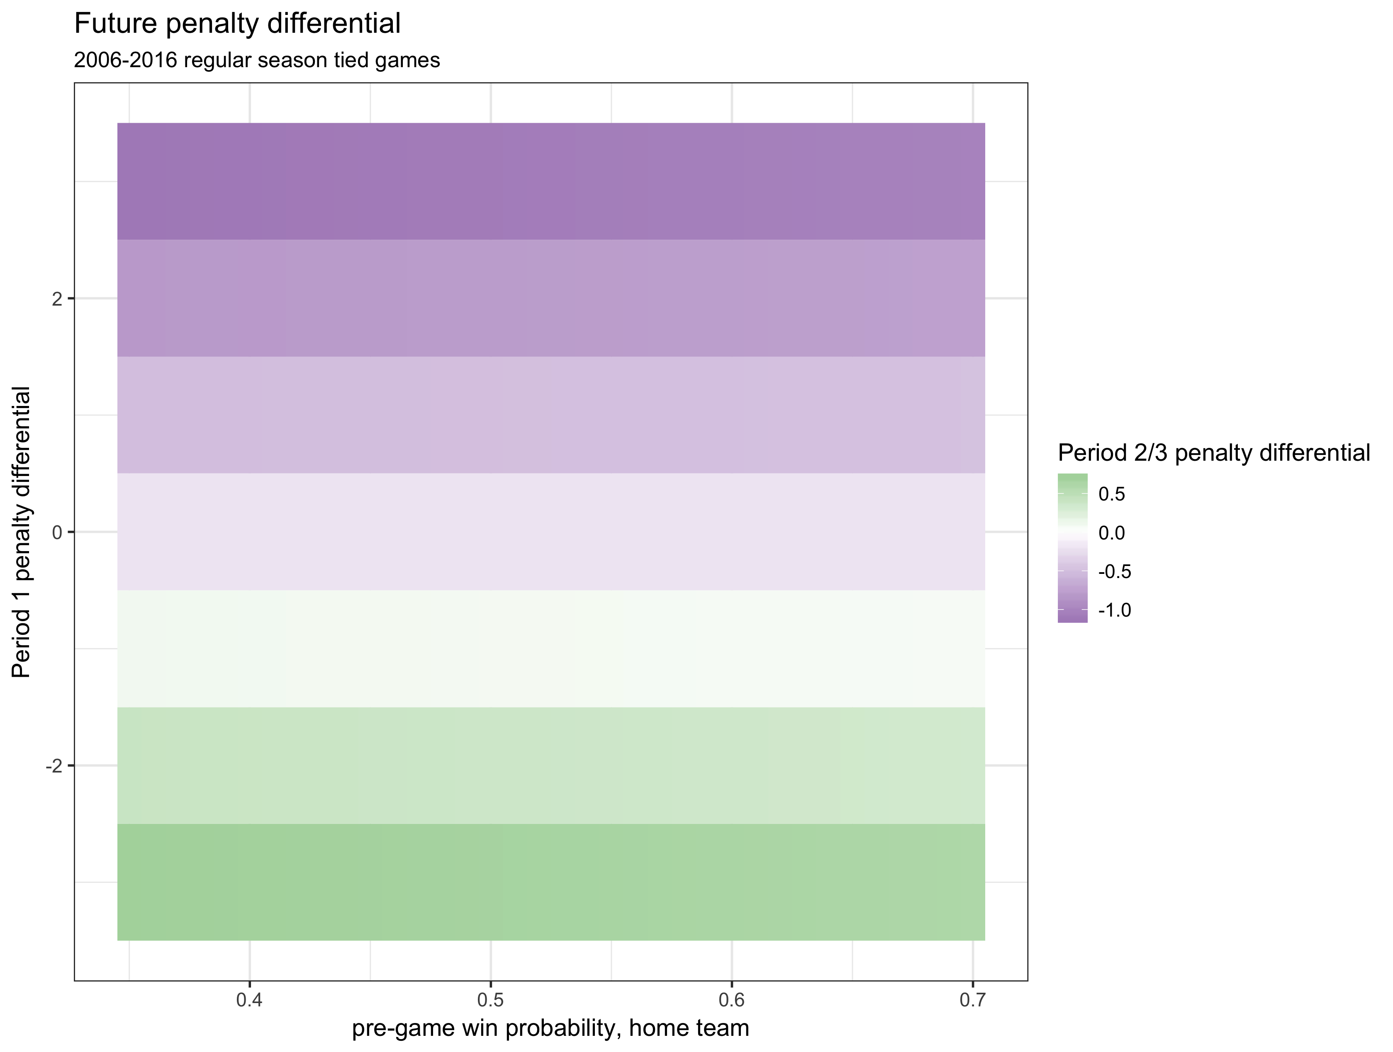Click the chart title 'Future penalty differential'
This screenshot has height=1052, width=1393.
[x=237, y=24]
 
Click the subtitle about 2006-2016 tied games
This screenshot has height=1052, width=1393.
[x=257, y=61]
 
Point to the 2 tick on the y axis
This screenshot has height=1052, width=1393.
[x=57, y=299]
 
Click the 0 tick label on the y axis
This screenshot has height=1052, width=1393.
[x=57, y=532]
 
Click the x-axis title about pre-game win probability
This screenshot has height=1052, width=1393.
[x=550, y=1028]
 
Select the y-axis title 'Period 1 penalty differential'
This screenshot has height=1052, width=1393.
[x=22, y=532]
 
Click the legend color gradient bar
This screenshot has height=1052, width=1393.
[x=1072, y=548]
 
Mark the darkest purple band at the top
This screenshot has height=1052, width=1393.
[x=551, y=181]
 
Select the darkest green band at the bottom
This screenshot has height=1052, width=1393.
[x=551, y=882]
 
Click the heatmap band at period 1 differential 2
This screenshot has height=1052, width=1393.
[x=551, y=299]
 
